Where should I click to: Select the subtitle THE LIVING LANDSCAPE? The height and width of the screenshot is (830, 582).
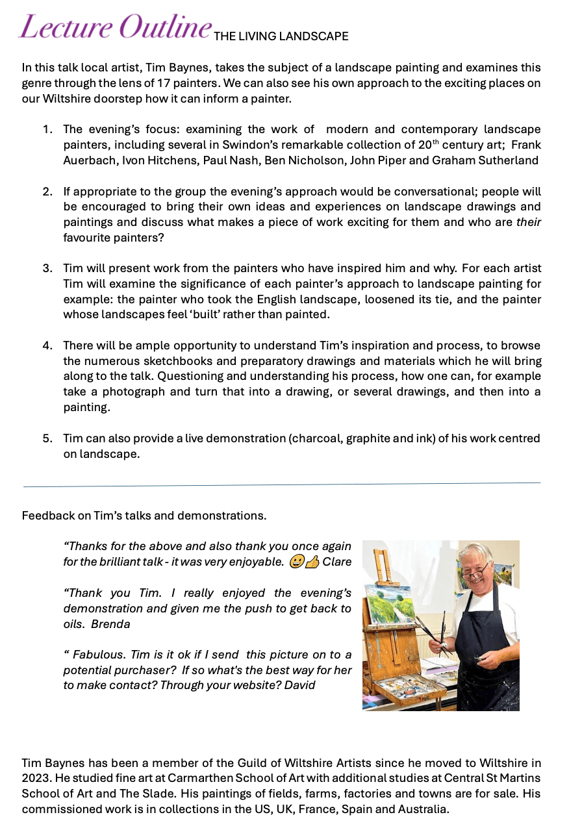tap(281, 36)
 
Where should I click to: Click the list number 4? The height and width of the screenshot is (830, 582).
tap(47, 346)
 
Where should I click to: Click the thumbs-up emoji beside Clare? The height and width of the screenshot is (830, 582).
tap(312, 562)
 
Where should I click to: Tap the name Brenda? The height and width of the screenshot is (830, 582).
tap(110, 624)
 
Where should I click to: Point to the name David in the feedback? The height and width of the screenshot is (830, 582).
tap(299, 685)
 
